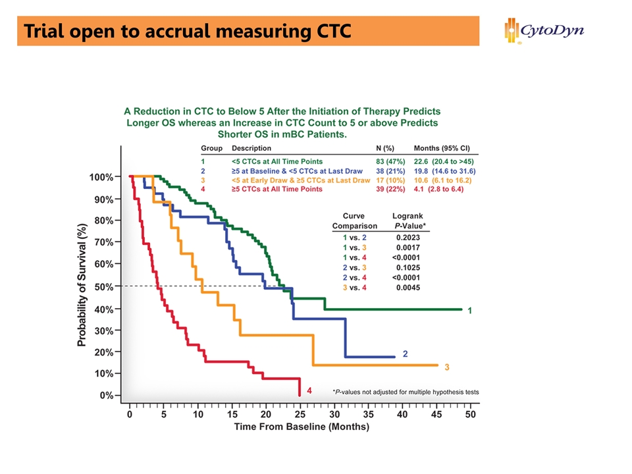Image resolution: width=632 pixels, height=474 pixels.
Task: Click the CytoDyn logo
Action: (544, 30)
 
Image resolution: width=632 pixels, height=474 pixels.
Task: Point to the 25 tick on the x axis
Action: (300, 415)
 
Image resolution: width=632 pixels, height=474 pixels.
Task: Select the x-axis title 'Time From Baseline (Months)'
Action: (302, 427)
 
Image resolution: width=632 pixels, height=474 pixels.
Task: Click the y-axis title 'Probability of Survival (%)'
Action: (82, 285)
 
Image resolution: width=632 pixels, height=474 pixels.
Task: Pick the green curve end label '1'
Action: (469, 310)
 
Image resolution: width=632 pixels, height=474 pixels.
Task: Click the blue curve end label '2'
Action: (405, 354)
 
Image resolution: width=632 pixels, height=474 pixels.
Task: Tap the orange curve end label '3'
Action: (447, 367)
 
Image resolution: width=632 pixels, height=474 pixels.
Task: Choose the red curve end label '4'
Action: (309, 390)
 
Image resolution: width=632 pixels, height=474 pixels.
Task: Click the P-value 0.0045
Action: (408, 288)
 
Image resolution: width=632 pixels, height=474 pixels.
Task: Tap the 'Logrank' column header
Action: (408, 215)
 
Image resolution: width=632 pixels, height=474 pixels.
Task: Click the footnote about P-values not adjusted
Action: (406, 392)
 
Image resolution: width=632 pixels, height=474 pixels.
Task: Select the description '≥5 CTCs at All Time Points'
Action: (277, 189)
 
